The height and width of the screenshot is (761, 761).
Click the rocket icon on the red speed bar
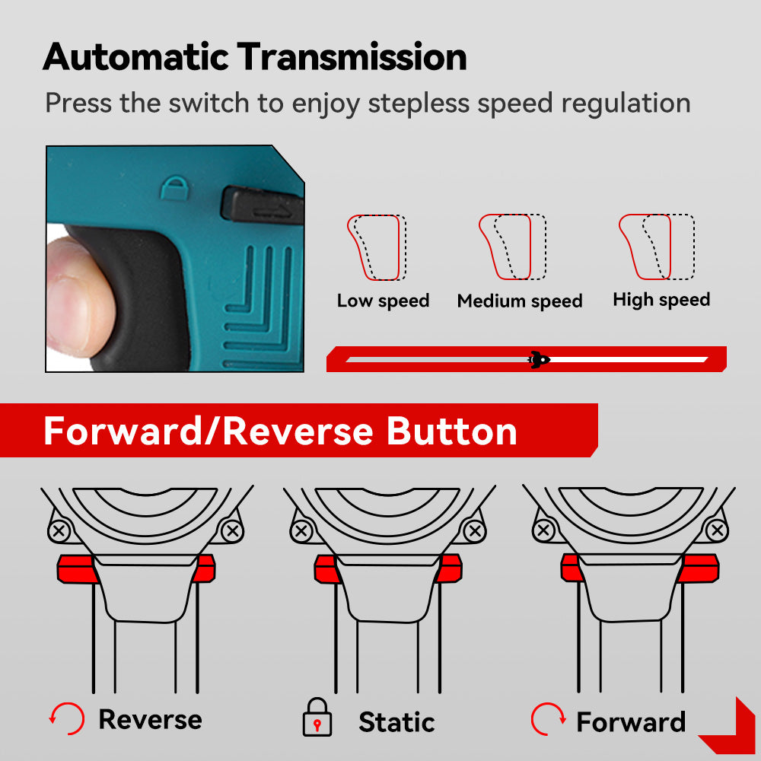click(x=539, y=360)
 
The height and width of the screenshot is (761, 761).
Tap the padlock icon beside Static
click(x=317, y=718)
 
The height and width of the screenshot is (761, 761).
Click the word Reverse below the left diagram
click(x=151, y=719)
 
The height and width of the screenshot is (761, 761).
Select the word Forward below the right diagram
click(x=631, y=721)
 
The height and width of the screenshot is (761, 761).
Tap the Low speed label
click(x=383, y=301)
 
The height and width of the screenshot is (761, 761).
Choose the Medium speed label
click(x=519, y=301)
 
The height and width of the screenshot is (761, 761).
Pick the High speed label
click(x=661, y=300)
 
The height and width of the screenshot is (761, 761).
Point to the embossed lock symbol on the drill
click(x=174, y=188)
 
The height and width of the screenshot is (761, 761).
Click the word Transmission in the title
click(x=352, y=57)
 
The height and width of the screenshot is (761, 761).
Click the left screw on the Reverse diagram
click(x=59, y=530)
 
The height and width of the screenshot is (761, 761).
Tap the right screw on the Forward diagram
click(x=717, y=530)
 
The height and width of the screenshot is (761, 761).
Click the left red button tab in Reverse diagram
click(x=76, y=568)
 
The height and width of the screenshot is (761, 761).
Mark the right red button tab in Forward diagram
click(x=699, y=568)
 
